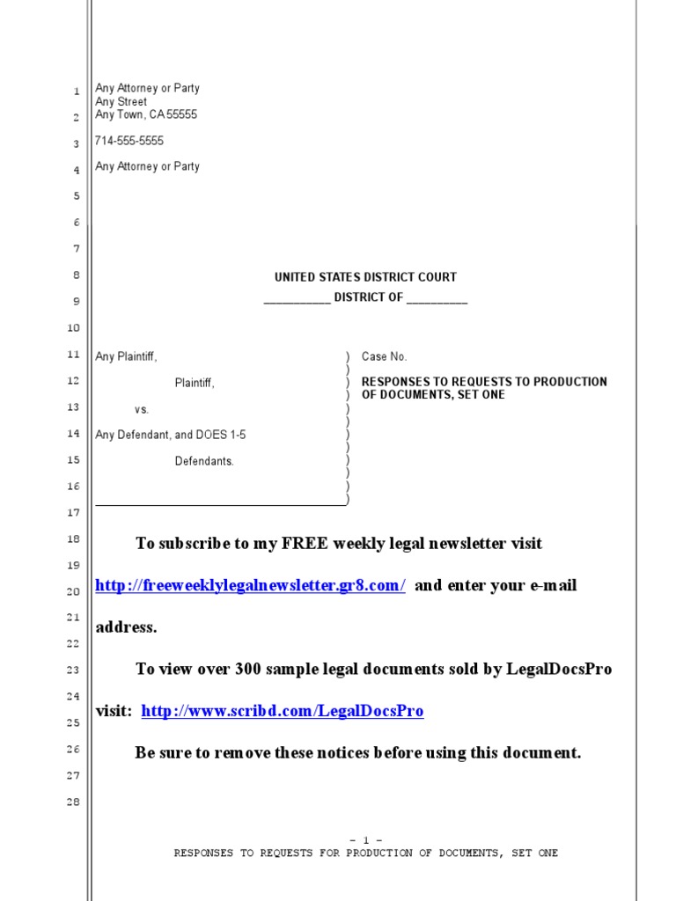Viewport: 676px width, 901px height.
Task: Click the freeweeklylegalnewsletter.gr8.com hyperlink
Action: [250, 586]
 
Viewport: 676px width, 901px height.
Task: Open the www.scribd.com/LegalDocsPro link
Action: [283, 712]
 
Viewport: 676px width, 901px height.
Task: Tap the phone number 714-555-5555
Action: [129, 141]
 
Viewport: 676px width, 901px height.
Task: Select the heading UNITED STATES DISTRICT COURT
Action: [365, 277]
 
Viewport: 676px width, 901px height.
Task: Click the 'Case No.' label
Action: [385, 357]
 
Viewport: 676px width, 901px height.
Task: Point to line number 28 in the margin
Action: [73, 802]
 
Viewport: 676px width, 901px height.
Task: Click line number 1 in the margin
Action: [77, 92]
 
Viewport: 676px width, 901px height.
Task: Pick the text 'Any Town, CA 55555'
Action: [146, 114]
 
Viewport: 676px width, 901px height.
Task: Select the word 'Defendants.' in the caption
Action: [204, 461]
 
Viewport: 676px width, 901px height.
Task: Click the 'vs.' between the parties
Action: [142, 410]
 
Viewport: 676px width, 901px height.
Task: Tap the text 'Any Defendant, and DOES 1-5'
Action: [171, 435]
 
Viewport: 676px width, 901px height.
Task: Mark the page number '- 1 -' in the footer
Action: [365, 840]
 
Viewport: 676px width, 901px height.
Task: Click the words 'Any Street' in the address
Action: [121, 102]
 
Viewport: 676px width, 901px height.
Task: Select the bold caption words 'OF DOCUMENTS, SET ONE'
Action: [434, 395]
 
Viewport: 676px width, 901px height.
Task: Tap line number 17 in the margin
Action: [73, 513]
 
